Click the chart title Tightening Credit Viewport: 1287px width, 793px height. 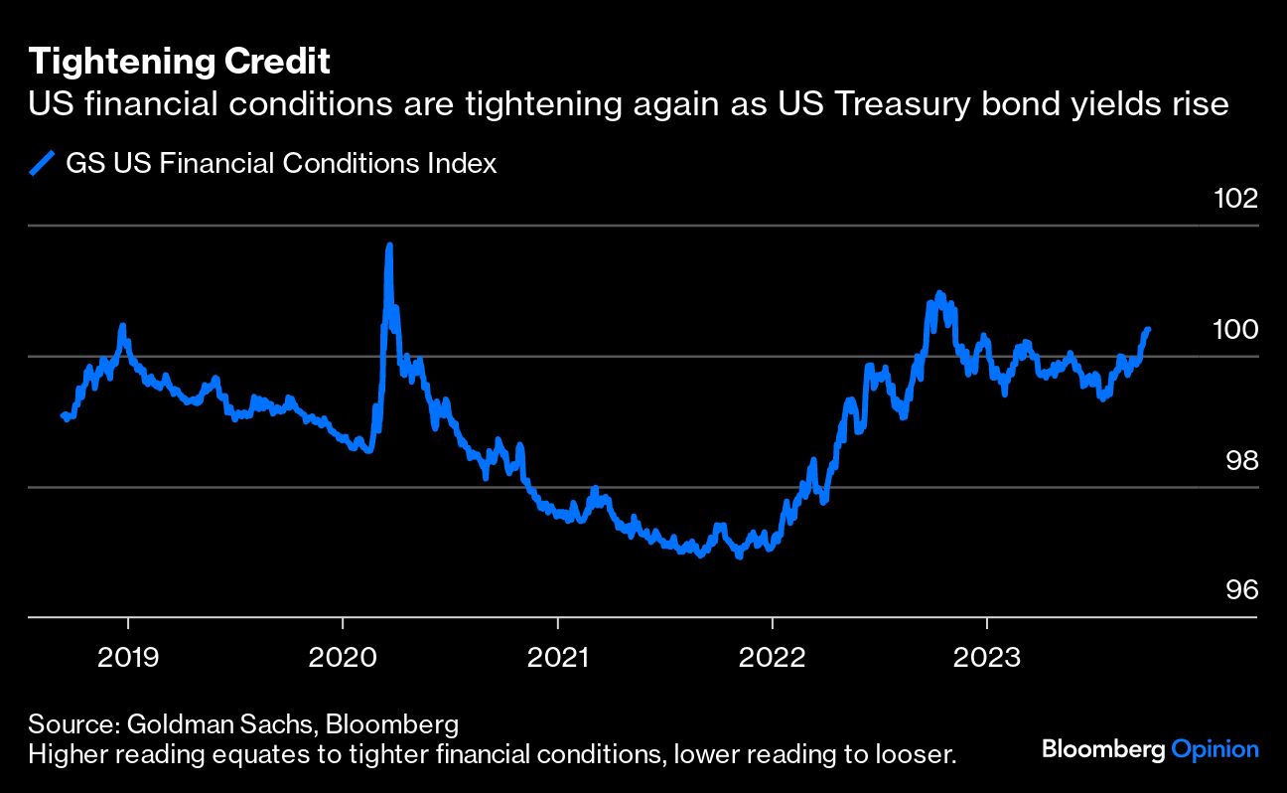coord(179,62)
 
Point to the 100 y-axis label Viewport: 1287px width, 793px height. coord(1235,330)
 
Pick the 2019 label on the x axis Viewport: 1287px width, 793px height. coord(128,657)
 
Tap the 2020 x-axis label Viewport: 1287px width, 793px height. coord(343,657)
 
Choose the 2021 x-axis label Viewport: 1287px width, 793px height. coord(557,657)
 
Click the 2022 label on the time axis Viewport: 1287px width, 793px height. coord(772,657)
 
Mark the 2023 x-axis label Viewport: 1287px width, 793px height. coord(986,657)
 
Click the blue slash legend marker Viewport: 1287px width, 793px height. coord(42,163)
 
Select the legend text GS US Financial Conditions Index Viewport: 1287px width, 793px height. coord(281,163)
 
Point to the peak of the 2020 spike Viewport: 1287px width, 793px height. coord(388,244)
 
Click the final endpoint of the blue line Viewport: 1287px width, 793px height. coord(1148,329)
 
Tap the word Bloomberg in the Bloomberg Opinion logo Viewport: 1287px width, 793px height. coord(1103,749)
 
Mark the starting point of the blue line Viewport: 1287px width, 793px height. coord(63,415)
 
